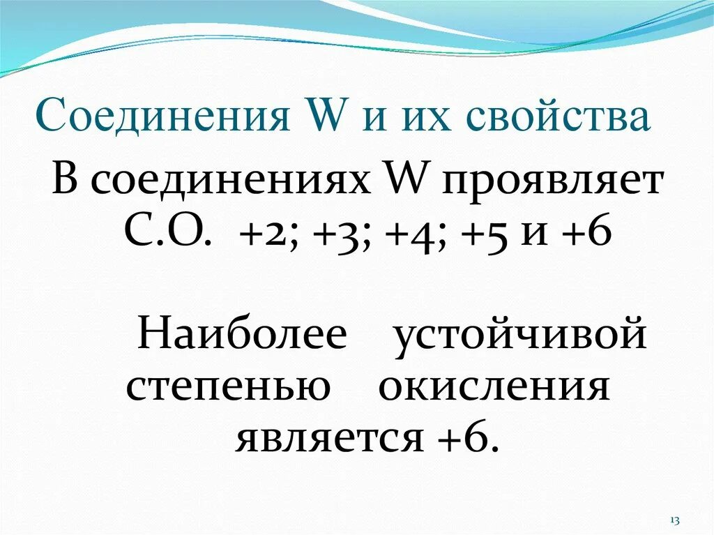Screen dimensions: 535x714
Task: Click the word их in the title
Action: click(x=427, y=116)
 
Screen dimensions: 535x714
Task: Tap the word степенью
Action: click(x=228, y=387)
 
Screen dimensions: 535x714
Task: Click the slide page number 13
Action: click(x=675, y=520)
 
